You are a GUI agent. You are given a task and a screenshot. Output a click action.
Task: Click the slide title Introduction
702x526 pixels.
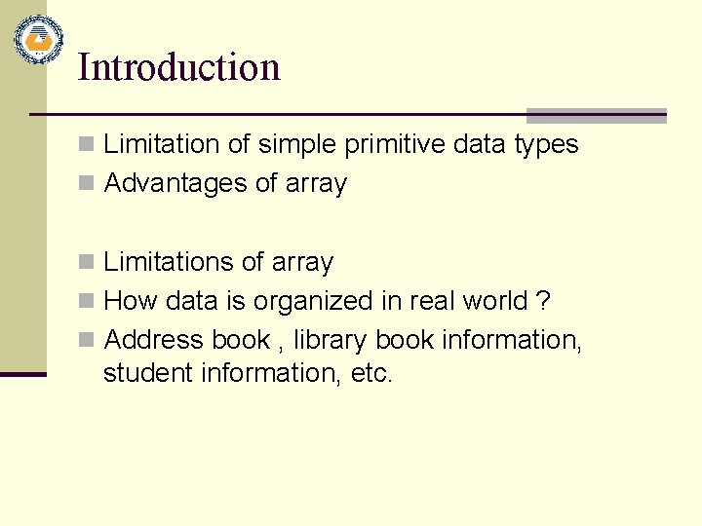178,67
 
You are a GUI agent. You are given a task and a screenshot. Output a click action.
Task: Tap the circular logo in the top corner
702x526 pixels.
39,40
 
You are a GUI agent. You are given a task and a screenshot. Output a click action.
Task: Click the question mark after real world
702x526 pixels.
543,301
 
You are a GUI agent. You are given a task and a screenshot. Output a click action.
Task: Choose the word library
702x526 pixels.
331,340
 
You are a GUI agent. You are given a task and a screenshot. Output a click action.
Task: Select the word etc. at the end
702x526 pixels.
370,373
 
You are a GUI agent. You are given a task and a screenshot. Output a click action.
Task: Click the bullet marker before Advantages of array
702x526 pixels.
87,184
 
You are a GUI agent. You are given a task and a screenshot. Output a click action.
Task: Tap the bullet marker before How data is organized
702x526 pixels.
87,301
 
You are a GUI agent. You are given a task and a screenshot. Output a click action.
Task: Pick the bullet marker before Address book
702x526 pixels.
87,340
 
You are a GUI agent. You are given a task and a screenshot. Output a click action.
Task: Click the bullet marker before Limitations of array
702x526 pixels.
87,262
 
